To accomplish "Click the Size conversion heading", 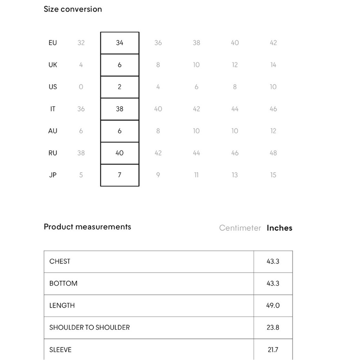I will tap(73, 9).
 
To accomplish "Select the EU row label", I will tap(53, 43).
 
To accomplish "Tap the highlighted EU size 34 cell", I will tap(120, 43).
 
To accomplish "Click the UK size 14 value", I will tap(273, 65).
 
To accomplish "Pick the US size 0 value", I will tap(81, 87).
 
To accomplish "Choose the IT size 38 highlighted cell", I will tap(120, 109).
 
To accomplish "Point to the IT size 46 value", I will tap(273, 109).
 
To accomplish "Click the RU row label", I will tap(53, 153).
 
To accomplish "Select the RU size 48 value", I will tap(273, 153).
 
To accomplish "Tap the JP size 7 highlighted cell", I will tap(120, 175).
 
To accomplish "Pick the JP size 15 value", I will tap(273, 175).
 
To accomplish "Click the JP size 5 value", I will tap(81, 175).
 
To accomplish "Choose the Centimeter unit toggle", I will tap(240, 228).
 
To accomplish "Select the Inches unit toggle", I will tap(279, 228).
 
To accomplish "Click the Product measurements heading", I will tap(87, 227).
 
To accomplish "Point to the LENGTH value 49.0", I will tap(273, 305).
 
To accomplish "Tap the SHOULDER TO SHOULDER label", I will tap(89, 328).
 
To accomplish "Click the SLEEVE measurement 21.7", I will tap(273, 350).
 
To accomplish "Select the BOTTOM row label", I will tap(63, 283).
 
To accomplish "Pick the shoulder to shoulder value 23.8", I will tap(273, 328).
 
